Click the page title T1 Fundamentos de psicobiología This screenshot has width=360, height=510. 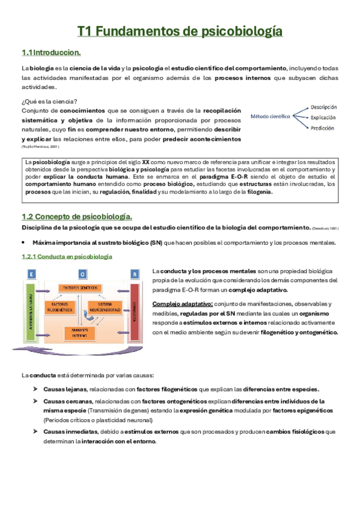[180, 31]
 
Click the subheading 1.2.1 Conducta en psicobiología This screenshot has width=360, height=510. [66, 256]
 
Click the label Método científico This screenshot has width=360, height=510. [270, 117]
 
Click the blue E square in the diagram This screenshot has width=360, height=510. [30, 272]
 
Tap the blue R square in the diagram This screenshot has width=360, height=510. [135, 272]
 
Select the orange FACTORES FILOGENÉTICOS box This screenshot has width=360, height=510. [59, 309]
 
